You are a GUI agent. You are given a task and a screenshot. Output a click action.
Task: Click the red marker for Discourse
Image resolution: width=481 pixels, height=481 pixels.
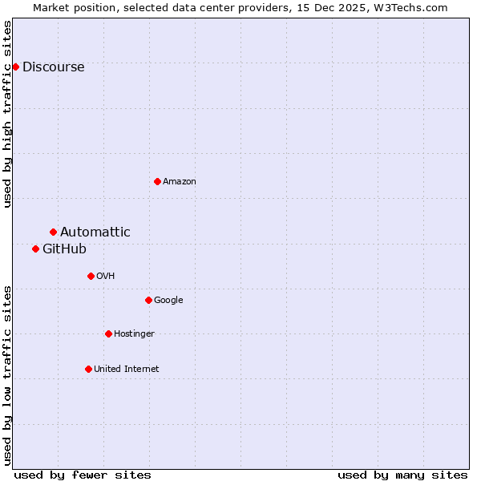coord(15,67)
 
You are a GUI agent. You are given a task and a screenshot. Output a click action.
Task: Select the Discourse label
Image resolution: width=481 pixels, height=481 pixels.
coord(53,67)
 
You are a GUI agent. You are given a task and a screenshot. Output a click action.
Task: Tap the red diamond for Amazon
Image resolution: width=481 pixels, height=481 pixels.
coord(157,181)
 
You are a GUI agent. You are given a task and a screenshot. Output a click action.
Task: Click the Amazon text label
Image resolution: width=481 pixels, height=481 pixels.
coord(179,182)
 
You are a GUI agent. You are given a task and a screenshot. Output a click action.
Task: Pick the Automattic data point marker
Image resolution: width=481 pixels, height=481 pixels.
coord(53,232)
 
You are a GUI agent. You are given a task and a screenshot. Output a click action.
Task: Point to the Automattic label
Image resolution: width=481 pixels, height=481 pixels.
coord(95,232)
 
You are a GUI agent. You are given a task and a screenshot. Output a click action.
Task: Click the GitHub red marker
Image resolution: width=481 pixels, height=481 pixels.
coord(35,249)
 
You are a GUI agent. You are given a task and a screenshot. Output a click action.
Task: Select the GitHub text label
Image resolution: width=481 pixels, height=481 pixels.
coord(64,249)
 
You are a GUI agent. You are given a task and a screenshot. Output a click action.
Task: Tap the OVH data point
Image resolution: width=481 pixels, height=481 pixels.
coord(91,276)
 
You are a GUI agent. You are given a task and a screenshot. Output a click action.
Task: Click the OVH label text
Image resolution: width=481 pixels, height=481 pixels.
coord(105,277)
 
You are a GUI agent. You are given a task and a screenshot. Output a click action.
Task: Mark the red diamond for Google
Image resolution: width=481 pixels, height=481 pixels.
coord(148,300)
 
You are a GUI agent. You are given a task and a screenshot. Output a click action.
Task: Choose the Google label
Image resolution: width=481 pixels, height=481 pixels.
coord(168,301)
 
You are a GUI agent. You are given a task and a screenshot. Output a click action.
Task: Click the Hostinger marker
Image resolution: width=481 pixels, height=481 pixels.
coord(108,333)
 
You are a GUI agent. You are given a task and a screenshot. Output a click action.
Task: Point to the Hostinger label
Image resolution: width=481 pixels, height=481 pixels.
coord(134,334)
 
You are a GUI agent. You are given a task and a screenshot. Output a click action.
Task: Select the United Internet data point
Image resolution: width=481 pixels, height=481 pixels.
coord(88,369)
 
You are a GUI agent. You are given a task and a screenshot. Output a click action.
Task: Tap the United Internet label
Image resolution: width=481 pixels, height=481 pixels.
coord(126,370)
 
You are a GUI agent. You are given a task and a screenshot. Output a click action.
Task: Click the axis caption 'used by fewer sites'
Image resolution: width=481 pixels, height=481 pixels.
coord(83,475)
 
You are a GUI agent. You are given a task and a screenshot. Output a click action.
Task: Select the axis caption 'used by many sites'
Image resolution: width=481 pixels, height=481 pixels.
coord(402,475)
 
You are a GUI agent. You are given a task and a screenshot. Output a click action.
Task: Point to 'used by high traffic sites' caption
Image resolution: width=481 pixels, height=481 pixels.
coord(7,114)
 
